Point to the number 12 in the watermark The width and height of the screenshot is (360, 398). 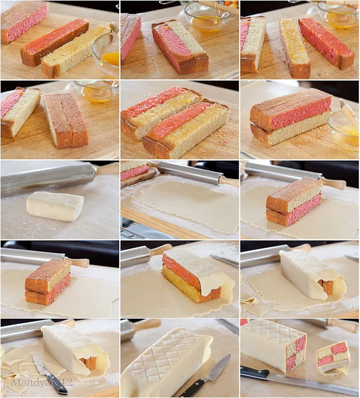[66, 382]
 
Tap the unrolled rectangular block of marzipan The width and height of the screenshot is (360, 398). [54, 206]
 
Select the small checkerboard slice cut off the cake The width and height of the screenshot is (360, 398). [333, 357]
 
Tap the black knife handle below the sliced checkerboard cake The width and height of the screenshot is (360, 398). [255, 373]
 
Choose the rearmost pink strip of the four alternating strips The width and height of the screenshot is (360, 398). [155, 100]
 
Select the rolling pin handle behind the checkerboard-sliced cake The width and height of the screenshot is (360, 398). [338, 324]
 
